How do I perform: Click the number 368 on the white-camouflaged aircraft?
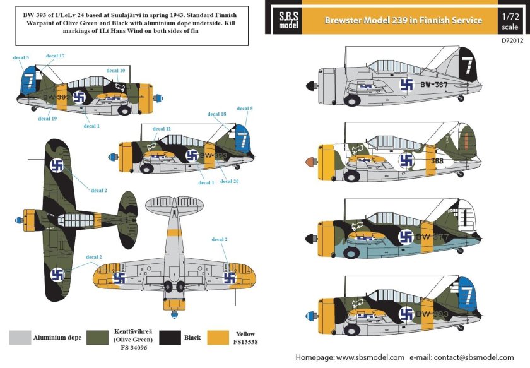[x=438, y=160]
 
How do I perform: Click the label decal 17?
[x=57, y=56]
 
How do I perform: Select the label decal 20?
[x=230, y=181]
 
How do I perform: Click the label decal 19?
[x=47, y=118]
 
